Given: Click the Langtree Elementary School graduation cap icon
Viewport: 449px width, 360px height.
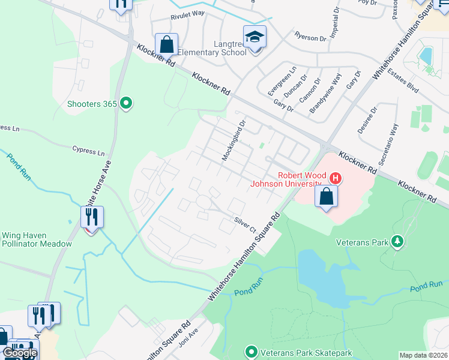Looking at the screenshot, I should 255,37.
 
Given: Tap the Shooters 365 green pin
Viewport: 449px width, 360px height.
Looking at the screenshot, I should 125,104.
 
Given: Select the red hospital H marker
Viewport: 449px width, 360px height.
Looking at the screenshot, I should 336,178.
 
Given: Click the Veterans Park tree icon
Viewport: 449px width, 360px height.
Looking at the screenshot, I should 396,242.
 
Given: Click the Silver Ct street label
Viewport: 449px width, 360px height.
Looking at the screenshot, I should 245,225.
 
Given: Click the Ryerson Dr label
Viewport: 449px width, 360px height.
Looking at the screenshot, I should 310,37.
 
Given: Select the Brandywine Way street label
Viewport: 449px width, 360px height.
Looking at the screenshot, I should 325,94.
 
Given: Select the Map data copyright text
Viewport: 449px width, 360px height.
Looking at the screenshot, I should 424,355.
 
